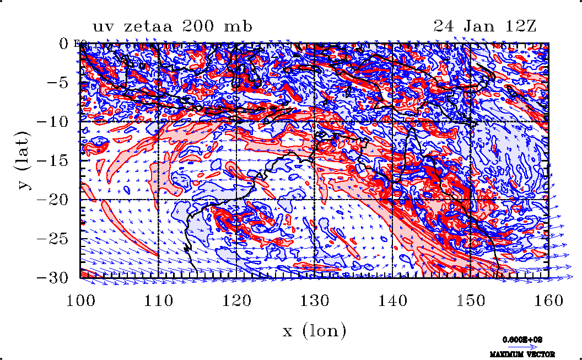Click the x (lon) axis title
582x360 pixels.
315,331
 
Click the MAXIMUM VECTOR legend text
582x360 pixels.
524,354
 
